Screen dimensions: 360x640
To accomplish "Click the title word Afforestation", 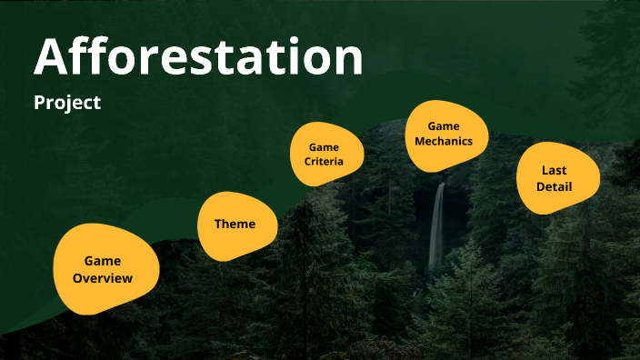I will tap(198, 56).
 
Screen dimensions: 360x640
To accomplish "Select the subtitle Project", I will tap(67, 103).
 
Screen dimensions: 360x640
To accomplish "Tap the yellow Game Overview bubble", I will tap(105, 269).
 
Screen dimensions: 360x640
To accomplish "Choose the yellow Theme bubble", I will tap(236, 224).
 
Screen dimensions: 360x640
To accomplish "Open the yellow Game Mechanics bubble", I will tap(445, 135).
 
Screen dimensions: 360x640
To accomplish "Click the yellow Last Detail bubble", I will tap(555, 178).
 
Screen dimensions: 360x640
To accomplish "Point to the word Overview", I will tap(103, 278).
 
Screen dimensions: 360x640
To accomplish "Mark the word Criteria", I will tap(324, 162).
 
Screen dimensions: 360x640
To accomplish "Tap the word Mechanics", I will tap(445, 142).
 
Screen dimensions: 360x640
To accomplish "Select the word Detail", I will tap(554, 187).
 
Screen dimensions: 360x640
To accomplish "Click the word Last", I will tap(554, 170).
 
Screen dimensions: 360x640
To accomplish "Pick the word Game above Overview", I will tap(103, 261).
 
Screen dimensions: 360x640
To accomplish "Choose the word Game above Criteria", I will tap(324, 146).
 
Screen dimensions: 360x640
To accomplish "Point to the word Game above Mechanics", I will tap(445, 126).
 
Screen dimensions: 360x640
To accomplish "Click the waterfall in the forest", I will tap(437, 227).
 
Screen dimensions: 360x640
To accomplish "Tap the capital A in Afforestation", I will tap(51, 56).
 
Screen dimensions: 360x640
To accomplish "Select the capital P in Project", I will tap(40, 103).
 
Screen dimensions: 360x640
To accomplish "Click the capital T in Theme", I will tap(219, 224).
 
